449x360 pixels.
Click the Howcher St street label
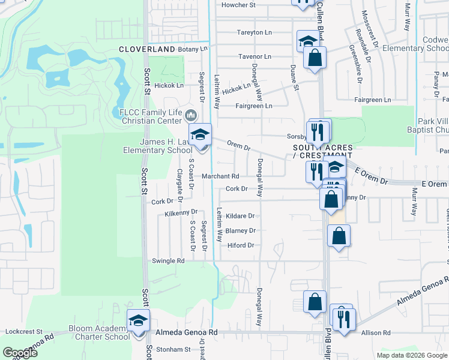[x=239, y=5]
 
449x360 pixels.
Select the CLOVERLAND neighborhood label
[x=146, y=49]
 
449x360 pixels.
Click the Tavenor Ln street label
[x=255, y=56]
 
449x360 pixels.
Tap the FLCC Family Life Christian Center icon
[x=191, y=114]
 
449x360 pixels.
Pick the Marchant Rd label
[x=220, y=176]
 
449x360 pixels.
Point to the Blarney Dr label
[x=241, y=230]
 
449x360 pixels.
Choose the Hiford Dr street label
[x=241, y=245]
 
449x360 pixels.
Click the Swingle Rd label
[x=169, y=261]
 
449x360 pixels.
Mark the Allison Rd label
[x=378, y=332]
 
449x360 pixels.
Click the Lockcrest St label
[x=24, y=331]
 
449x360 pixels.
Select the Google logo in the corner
[x=20, y=353]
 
